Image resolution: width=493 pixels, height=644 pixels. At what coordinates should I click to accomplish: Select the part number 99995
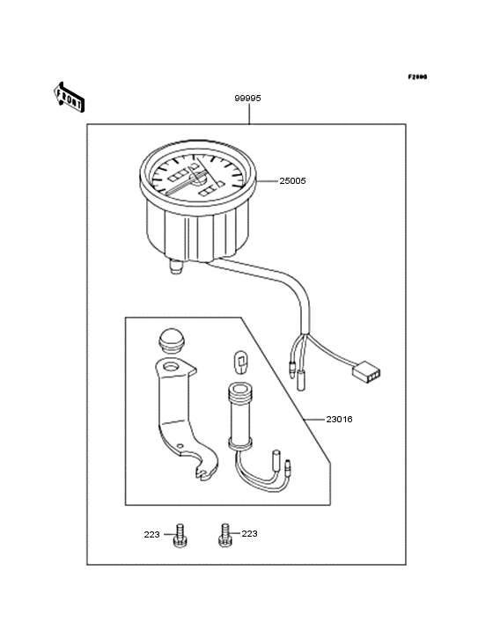247,99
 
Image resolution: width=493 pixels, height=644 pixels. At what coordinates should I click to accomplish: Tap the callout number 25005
292,180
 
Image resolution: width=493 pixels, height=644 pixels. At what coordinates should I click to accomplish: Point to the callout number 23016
339,420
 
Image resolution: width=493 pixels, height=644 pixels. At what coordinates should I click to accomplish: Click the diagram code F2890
416,77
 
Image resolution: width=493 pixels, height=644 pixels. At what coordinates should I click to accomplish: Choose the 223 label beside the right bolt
250,533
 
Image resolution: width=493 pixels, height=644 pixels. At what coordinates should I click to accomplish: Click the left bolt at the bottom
179,535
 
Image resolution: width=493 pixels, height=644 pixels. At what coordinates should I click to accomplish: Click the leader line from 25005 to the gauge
267,181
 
